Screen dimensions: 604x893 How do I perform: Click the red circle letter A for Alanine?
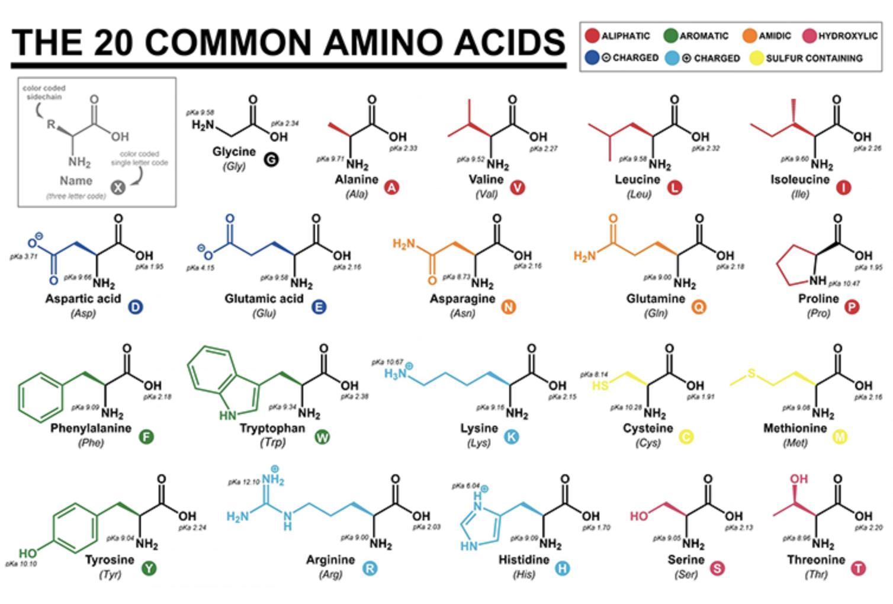coord(391,188)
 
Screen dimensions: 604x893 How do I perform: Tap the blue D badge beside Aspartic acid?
coord(136,307)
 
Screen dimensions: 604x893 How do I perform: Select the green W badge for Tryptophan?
coord(322,437)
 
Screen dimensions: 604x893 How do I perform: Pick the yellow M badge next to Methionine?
coord(840,437)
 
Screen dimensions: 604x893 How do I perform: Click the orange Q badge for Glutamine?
coord(699,307)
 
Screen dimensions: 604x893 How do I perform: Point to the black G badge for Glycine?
coord(271,159)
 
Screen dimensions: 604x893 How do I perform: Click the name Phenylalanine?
coord(91,428)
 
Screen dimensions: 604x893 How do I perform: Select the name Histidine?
coord(524,560)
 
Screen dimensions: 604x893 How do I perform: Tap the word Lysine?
coord(479,428)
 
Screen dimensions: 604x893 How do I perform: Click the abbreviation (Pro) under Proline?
coord(818,313)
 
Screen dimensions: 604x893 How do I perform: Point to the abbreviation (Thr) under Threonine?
coord(816,574)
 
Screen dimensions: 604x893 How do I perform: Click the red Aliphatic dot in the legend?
coord(592,36)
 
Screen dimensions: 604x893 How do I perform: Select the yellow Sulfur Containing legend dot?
coord(756,58)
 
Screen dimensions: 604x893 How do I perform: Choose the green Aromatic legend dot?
coord(670,36)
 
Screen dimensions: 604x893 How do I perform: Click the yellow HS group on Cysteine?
coord(600,385)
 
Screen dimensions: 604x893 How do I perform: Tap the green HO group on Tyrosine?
coord(27,553)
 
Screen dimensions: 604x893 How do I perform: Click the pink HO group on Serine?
coord(639,516)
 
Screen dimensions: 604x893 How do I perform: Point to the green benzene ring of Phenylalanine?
coord(40,396)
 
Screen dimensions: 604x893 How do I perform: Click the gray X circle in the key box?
coord(118,188)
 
